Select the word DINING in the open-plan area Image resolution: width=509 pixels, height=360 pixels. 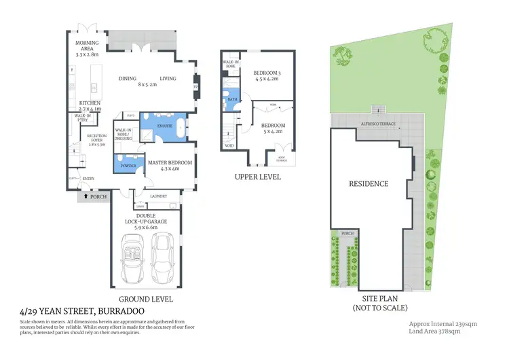[128, 78]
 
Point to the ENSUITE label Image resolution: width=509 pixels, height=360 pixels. [164, 126]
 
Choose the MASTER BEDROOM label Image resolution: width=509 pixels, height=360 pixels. [170, 163]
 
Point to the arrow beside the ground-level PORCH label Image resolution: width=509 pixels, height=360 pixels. [84, 196]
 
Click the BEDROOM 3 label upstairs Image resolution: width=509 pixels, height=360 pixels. [267, 73]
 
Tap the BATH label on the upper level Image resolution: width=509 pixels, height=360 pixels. [231, 99]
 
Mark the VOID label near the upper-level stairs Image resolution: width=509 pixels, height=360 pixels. [229, 145]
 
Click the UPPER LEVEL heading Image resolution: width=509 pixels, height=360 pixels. [257, 177]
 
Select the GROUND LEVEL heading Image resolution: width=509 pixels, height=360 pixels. [146, 299]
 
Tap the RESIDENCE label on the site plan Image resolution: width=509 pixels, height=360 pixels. [369, 183]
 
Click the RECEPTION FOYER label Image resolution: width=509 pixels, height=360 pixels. [97, 140]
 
